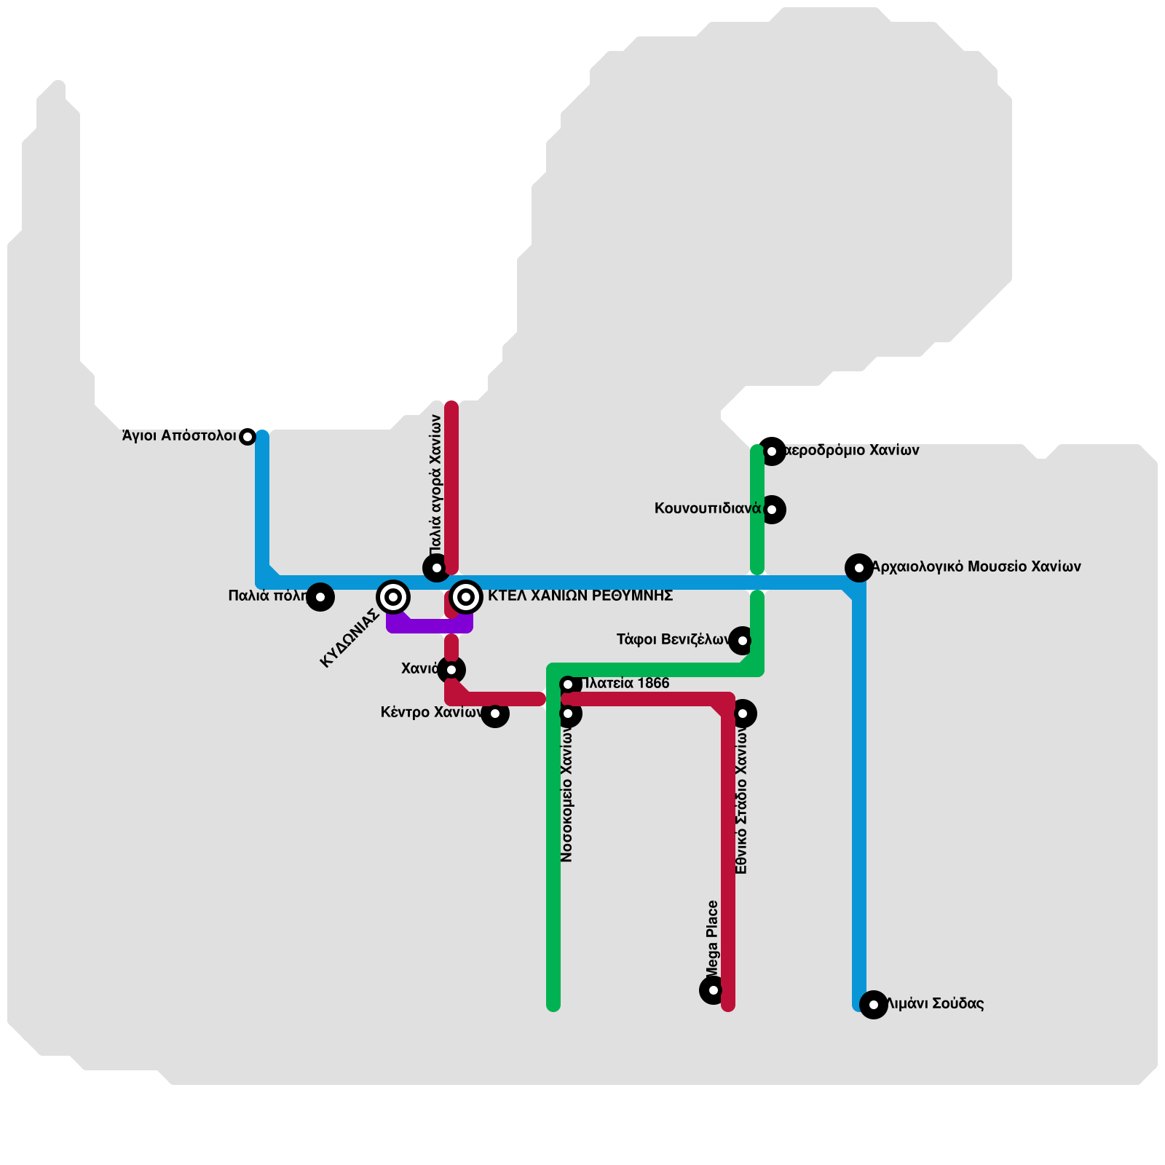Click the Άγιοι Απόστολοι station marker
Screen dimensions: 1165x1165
tap(248, 437)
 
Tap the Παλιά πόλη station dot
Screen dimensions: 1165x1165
tap(320, 597)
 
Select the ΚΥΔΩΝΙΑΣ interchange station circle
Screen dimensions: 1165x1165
tap(393, 597)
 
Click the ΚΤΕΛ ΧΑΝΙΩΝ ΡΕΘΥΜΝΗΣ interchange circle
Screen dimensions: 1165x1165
tap(466, 597)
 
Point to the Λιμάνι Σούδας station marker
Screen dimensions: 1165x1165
tap(874, 1005)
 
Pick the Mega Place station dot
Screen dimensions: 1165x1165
tap(714, 990)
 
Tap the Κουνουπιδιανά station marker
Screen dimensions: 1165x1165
tap(772, 510)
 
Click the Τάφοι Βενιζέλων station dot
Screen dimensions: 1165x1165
tap(743, 641)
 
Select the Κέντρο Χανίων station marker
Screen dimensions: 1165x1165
tap(495, 714)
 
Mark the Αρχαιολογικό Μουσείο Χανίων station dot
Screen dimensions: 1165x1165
tap(859, 568)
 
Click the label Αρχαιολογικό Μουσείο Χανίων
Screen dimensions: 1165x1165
tap(976, 566)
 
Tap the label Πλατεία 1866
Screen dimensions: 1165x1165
tap(626, 684)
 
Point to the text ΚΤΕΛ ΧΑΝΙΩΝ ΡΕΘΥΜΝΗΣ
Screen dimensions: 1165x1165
tap(580, 596)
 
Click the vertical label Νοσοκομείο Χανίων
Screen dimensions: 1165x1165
tap(568, 794)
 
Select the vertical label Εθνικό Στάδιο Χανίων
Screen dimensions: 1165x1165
tap(741, 801)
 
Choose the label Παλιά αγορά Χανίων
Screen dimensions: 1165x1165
tap(435, 484)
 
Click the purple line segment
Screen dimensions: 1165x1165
tap(430, 625)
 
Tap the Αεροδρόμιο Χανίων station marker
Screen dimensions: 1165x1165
tap(772, 451)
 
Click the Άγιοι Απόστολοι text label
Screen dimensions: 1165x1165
tap(179, 436)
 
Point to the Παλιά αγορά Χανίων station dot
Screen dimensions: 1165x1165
tap(437, 568)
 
